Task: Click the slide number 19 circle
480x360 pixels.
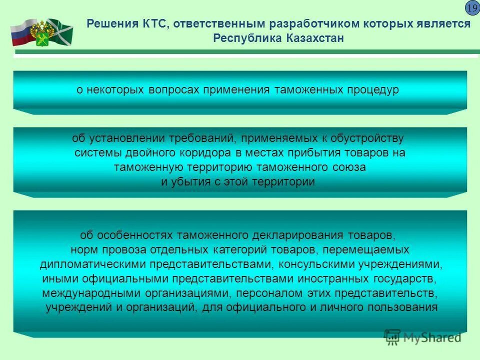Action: tap(472, 8)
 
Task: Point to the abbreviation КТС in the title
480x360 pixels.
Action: tap(141, 24)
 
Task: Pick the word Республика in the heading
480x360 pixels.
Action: tap(241, 38)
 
